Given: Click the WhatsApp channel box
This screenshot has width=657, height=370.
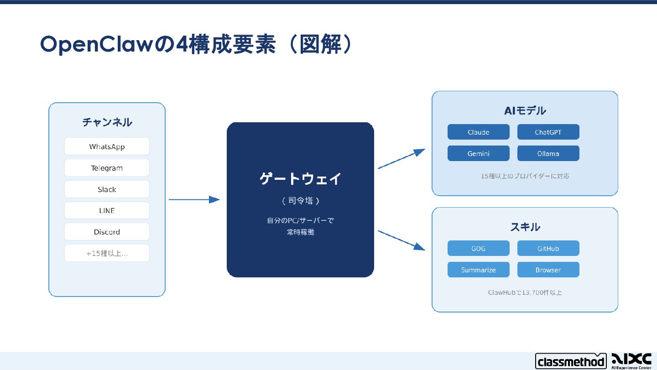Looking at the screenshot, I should point(107,146).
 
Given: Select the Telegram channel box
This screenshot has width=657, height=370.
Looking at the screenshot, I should point(107,168).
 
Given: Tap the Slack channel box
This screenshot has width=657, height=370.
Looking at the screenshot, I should point(107,189).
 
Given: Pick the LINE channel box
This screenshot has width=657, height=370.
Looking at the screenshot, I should point(107,210).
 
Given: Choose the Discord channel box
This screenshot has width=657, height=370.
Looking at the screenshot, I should point(107,232).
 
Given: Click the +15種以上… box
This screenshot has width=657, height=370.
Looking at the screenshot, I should point(107,253).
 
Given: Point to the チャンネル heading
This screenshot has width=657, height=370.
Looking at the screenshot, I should point(107,122).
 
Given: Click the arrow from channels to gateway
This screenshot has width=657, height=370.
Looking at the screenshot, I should point(194,199).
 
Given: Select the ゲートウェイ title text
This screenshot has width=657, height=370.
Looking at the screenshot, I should point(300,179).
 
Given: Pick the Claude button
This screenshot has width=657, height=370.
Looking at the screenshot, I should point(478,132).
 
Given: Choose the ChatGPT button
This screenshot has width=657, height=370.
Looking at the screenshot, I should point(548,132).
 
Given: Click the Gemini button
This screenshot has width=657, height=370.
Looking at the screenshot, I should point(478,154).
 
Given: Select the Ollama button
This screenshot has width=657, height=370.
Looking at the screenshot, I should point(548,154).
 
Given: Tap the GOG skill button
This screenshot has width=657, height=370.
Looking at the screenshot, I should point(478,249).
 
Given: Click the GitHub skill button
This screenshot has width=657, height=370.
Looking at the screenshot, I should point(548,249).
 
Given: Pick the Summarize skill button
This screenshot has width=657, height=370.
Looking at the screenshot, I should point(478,270).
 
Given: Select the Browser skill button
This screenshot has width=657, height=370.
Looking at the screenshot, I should point(548,270).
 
